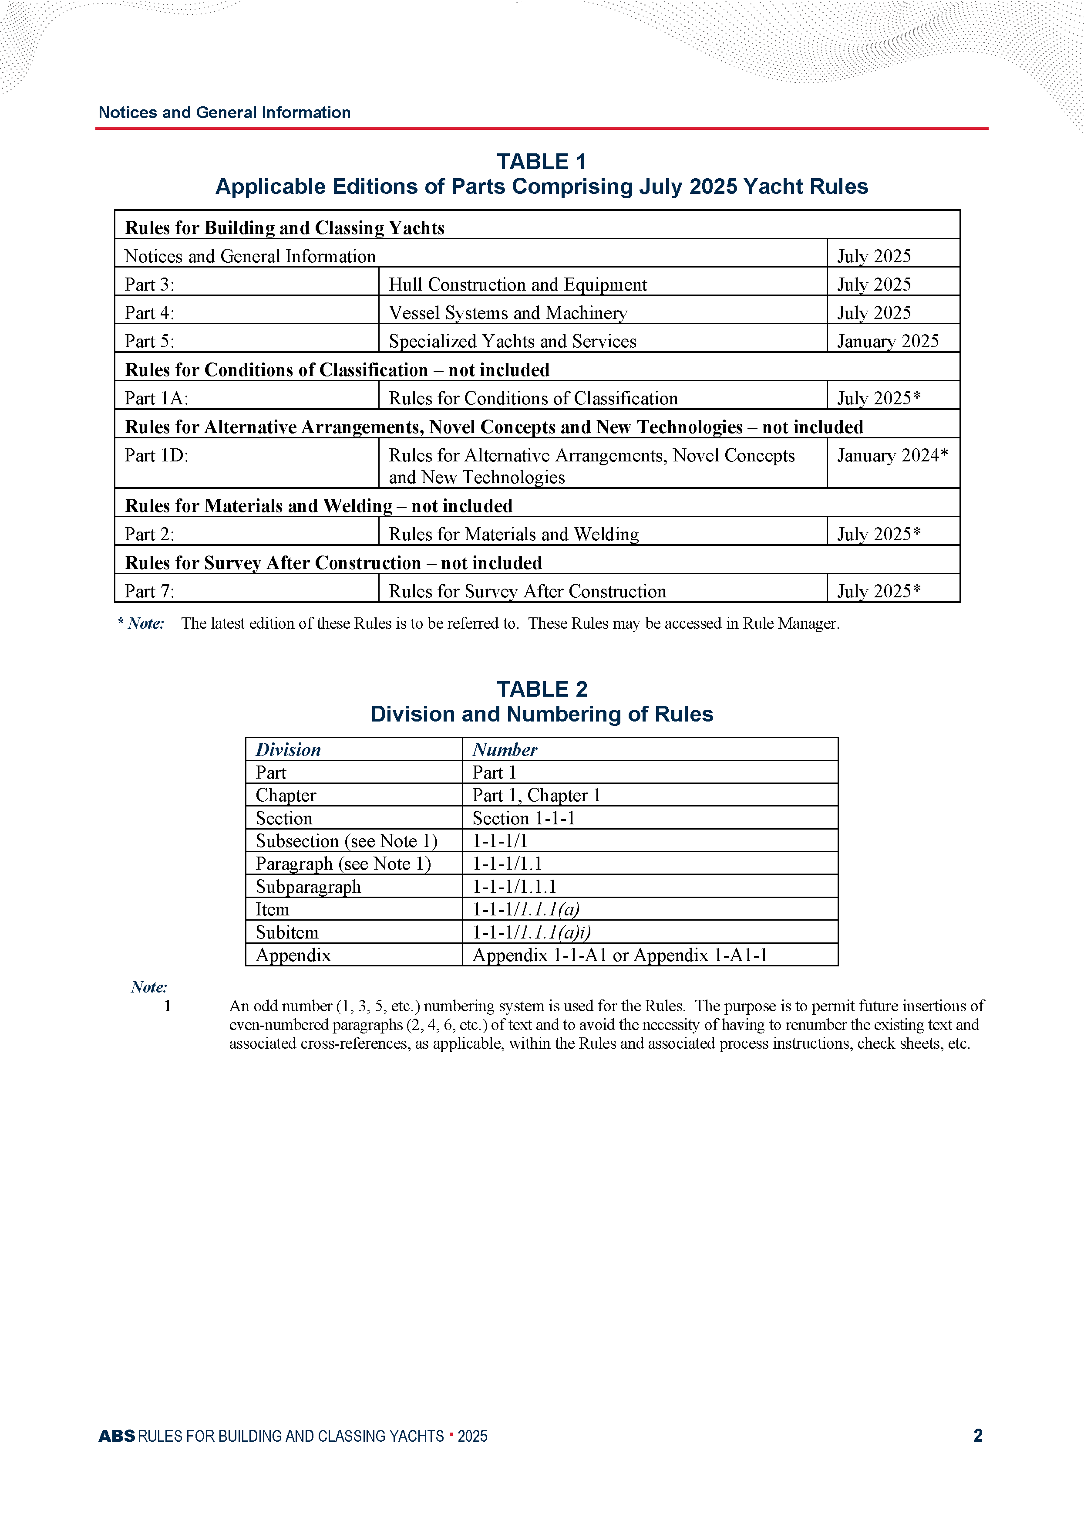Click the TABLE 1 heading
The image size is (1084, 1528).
point(541,162)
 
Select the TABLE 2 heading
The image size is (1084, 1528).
point(541,689)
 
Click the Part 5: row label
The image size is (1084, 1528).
point(149,341)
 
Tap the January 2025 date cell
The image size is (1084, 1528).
point(887,341)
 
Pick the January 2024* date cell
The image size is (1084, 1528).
point(892,455)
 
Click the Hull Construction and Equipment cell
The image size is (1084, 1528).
point(517,285)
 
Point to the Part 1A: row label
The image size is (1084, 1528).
point(156,399)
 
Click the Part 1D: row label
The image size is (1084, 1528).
point(156,455)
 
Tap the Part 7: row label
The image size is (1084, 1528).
point(149,591)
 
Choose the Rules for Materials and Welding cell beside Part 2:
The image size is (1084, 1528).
point(513,534)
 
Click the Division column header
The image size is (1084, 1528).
point(288,749)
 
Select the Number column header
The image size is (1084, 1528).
point(505,749)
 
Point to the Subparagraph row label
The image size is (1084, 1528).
point(308,887)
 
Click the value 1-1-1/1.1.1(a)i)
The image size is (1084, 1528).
point(531,932)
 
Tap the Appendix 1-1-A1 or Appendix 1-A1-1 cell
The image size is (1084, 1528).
point(619,955)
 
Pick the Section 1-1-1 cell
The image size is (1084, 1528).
point(523,818)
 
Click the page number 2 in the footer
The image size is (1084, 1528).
point(977,1436)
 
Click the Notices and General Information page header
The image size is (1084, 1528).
point(224,112)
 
